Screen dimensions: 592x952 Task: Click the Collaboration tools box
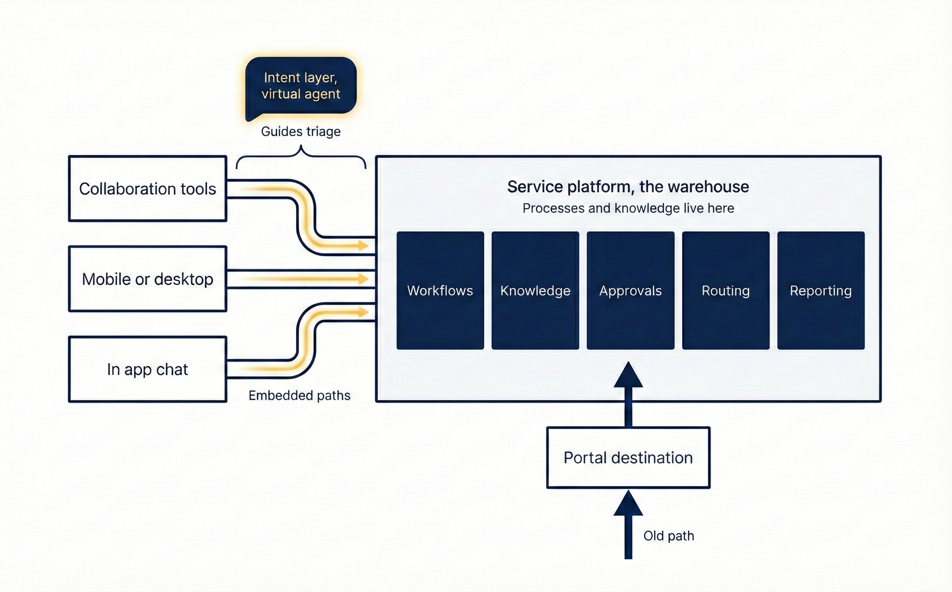tap(148, 189)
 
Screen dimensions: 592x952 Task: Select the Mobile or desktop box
tap(148, 279)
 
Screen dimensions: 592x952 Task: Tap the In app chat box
tap(148, 369)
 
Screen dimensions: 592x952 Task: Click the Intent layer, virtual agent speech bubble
tap(301, 86)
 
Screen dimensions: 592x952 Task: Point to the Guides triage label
tap(301, 131)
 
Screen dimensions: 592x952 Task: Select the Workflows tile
tap(440, 290)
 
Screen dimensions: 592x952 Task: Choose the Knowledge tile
tap(535, 290)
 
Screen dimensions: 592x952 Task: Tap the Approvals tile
tap(631, 290)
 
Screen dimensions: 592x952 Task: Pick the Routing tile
tap(726, 290)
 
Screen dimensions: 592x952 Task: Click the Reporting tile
tap(821, 290)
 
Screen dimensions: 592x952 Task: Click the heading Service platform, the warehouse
tap(628, 187)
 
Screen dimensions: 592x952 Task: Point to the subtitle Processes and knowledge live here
tap(628, 208)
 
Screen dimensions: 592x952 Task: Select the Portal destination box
tap(628, 457)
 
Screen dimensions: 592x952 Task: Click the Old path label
tap(669, 536)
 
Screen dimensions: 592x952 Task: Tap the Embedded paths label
tap(300, 395)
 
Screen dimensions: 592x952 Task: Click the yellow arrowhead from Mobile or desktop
tap(364, 279)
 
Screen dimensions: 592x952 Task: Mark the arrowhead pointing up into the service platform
tap(628, 375)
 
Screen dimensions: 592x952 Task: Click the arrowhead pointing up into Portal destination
tap(628, 503)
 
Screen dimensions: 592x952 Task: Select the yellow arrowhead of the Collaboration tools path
tap(364, 246)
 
